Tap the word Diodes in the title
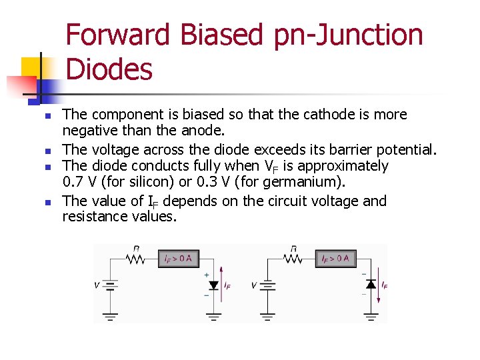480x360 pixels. [110, 69]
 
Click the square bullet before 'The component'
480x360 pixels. [47, 116]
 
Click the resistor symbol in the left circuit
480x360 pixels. [136, 258]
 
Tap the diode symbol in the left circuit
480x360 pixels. [213, 285]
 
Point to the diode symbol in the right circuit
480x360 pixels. [371, 285]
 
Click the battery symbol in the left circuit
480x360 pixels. [110, 285]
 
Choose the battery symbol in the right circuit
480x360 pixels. [267, 285]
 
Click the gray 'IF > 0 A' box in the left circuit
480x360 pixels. [178, 258]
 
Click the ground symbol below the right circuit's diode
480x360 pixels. [371, 316]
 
